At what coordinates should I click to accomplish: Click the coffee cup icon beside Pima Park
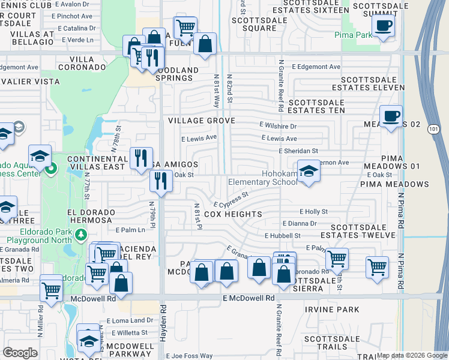point(383,26)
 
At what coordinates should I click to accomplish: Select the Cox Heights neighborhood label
point(233,214)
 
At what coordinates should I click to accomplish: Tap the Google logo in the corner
point(20,352)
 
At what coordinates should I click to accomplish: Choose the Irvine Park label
point(332,310)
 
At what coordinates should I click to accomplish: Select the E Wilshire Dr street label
point(278,126)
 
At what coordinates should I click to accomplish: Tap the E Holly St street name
point(313,212)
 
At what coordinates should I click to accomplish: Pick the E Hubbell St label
point(282,236)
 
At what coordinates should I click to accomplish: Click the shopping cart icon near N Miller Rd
point(51,290)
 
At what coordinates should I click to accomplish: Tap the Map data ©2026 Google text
point(411,355)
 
